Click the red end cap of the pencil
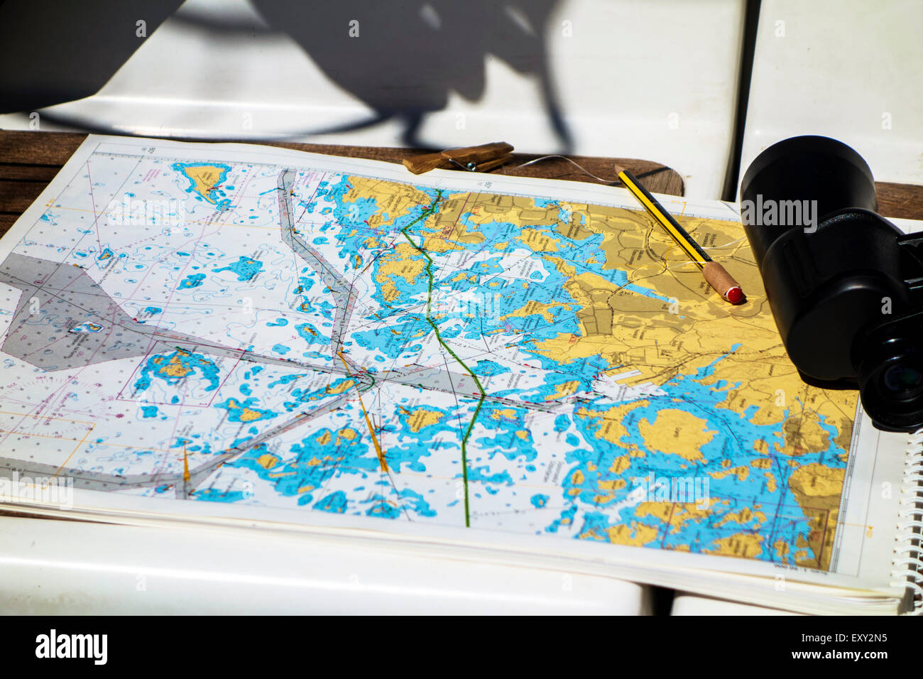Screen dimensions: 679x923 pyautogui.click(x=736, y=294)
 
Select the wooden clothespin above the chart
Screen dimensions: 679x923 pyautogui.click(x=460, y=158)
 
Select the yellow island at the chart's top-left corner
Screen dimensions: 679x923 pyautogui.click(x=203, y=177)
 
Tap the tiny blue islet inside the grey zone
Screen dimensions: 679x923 pyautogui.click(x=88, y=327)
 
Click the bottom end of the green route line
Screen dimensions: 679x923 pyautogui.click(x=467, y=524)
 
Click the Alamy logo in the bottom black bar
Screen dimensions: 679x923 pyautogui.click(x=71, y=647)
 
